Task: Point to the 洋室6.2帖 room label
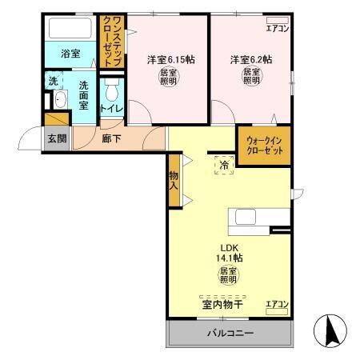(251, 60)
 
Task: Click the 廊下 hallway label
(112, 137)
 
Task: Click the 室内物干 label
(222, 305)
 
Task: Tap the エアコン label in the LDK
(276, 305)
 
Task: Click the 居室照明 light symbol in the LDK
(228, 276)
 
